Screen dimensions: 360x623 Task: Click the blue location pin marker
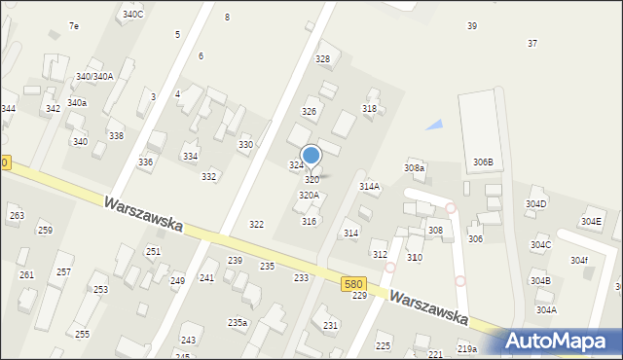click(311, 156)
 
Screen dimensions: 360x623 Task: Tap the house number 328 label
click(322, 59)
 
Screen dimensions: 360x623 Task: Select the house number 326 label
click(310, 112)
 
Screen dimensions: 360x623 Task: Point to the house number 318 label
click(369, 109)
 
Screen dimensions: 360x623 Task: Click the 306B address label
click(483, 162)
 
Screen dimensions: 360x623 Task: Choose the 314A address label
click(369, 186)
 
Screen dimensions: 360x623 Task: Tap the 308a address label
click(415, 168)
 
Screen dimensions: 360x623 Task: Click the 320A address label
click(309, 196)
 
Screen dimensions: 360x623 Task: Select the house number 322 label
click(256, 225)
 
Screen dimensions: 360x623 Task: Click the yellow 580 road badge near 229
click(354, 283)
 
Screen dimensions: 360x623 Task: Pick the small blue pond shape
click(434, 125)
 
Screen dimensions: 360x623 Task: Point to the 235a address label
click(238, 323)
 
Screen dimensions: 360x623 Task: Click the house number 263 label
click(16, 215)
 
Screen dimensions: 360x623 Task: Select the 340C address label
click(133, 15)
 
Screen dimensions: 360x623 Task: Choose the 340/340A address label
click(94, 77)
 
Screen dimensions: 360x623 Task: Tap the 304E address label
click(591, 222)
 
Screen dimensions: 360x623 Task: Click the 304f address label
click(579, 261)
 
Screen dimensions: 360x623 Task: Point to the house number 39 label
click(472, 26)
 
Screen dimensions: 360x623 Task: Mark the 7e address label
click(74, 26)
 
